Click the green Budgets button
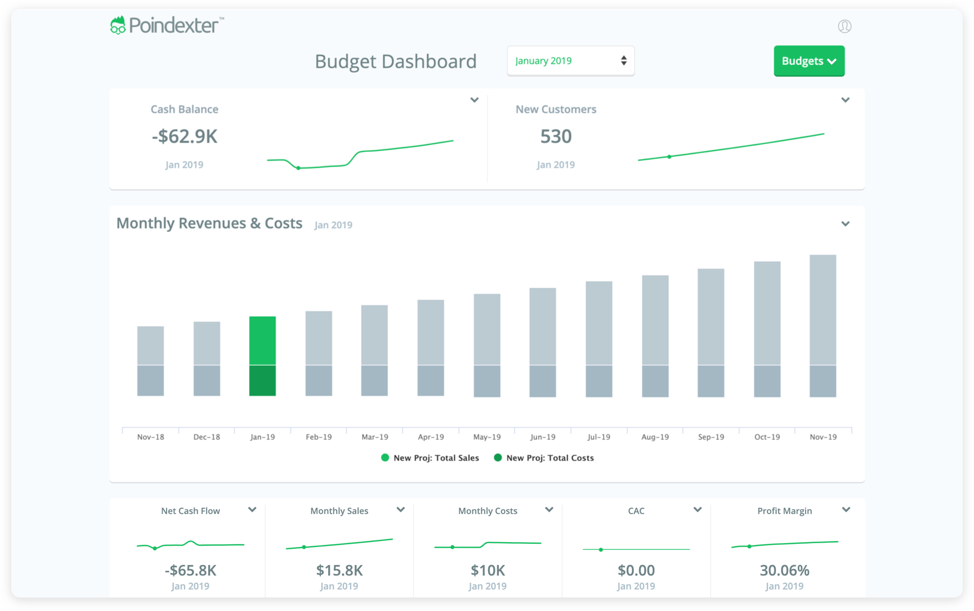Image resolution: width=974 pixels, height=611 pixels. point(808,61)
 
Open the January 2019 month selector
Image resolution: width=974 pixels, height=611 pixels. point(570,61)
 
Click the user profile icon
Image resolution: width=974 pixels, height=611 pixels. point(844,26)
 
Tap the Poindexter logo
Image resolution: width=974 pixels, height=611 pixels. point(167,25)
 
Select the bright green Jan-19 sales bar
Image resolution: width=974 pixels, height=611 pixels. point(263,341)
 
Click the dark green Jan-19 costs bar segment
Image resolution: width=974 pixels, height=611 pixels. point(263,381)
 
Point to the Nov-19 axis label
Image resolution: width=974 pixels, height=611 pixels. point(823,437)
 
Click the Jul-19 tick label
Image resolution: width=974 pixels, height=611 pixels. point(599,437)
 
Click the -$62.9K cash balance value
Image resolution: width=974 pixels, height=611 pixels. point(185,137)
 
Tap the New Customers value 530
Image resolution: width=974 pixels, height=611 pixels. point(555,137)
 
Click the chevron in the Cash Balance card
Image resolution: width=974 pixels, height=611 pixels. point(474,100)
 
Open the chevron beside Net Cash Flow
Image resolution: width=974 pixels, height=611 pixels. point(252,510)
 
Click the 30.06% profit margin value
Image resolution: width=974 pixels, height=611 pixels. point(784,571)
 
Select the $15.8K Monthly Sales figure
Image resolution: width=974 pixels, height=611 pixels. point(339,571)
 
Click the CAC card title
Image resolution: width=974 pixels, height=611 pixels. point(636,511)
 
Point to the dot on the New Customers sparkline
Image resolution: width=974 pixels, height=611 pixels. point(669,157)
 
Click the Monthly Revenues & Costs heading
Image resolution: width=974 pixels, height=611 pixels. point(209,223)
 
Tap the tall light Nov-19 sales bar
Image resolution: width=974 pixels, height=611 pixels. point(823,309)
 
